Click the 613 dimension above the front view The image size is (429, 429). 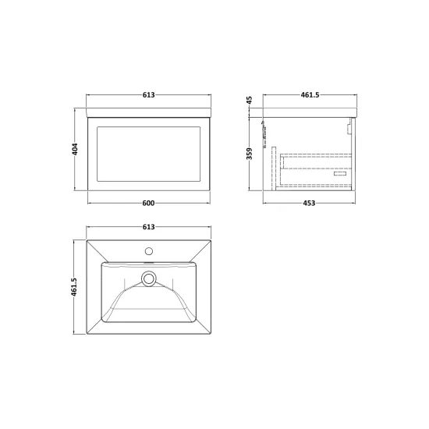point(148,94)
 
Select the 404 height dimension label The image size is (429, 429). point(75,149)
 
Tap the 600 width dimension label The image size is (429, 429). point(148,203)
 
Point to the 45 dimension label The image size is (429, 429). point(249,100)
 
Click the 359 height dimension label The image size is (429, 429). point(249,154)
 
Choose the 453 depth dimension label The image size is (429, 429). point(309,203)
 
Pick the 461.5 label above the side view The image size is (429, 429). point(310,94)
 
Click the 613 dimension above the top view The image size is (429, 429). point(148,227)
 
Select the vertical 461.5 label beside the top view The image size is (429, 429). point(74,287)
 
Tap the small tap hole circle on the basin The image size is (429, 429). point(149,251)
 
